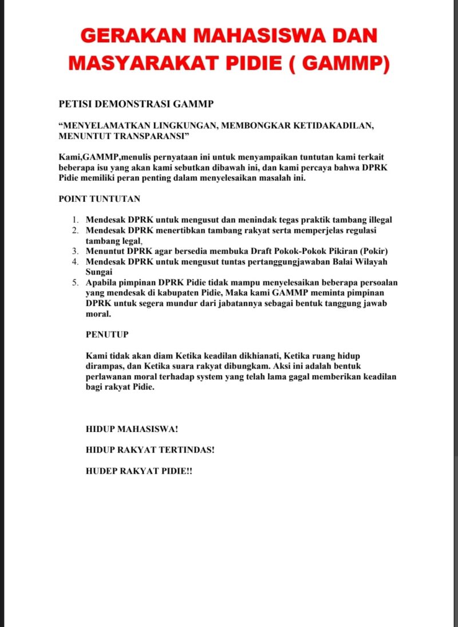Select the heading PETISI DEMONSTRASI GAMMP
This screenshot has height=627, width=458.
click(136, 104)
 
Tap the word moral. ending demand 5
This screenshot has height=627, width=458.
click(98, 314)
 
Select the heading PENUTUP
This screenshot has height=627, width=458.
click(107, 335)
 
